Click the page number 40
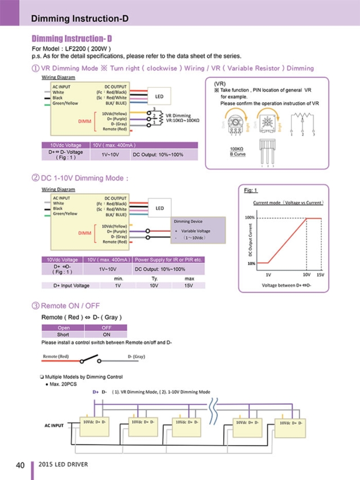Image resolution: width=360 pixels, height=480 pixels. (x=20, y=465)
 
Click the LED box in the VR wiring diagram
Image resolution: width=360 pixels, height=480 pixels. (x=159, y=96)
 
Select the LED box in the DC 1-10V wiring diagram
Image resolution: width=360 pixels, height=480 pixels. (x=159, y=208)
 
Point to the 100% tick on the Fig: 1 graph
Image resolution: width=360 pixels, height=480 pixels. (x=249, y=217)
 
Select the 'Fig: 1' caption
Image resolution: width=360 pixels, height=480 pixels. (x=250, y=190)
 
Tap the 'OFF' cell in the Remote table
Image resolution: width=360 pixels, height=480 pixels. (x=106, y=328)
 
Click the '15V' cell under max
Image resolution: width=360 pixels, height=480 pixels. (x=189, y=285)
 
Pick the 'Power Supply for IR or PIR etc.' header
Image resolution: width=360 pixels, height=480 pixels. (x=168, y=259)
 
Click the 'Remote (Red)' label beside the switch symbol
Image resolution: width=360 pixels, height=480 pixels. (x=56, y=357)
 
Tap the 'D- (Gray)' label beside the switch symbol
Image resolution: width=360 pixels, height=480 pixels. (x=137, y=357)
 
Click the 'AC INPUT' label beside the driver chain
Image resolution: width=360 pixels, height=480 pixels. (x=54, y=425)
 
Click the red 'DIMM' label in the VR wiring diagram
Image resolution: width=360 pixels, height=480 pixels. (x=85, y=120)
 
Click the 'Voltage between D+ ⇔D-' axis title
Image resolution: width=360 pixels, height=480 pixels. (x=286, y=285)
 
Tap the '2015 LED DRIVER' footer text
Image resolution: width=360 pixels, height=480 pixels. (x=63, y=465)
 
